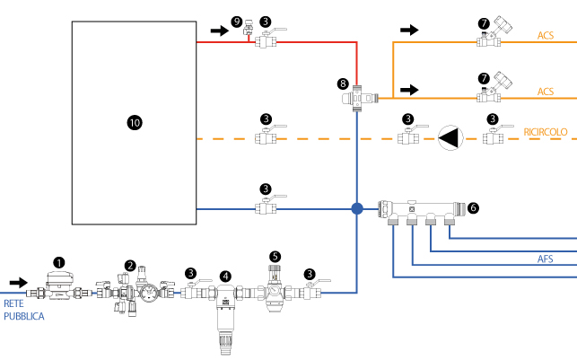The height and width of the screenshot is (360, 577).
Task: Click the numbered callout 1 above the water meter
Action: [59, 263]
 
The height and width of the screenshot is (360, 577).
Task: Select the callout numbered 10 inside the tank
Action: [135, 123]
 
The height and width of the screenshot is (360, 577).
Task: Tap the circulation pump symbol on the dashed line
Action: [450, 138]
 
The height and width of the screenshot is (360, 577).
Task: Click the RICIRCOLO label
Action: [546, 132]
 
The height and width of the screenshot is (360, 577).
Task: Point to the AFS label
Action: [545, 259]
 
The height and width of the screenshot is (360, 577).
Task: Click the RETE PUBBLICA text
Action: [24, 310]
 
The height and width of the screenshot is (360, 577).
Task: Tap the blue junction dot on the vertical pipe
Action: [357, 208]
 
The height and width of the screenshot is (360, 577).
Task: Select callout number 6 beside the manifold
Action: [473, 208]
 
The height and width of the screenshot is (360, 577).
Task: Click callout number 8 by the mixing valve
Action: [343, 83]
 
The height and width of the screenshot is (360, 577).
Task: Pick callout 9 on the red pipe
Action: [237, 22]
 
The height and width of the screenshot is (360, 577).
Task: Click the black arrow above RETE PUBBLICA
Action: [19, 283]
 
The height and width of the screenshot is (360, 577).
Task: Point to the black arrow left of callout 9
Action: [220, 31]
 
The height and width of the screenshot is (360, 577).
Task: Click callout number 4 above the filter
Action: [225, 277]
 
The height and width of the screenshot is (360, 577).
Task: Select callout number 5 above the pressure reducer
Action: [275, 257]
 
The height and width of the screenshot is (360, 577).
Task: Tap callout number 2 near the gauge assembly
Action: [130, 266]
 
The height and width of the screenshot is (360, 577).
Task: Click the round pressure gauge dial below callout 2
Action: [149, 294]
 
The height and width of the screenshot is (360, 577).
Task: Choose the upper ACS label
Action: [546, 35]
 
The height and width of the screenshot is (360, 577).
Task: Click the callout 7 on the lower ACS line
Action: [484, 78]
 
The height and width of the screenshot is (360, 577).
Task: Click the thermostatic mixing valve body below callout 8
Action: [360, 98]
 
